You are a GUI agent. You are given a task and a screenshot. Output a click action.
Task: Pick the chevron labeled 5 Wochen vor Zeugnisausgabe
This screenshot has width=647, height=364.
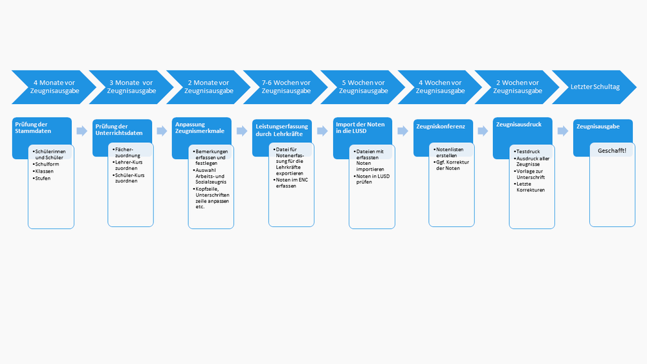click(x=363, y=87)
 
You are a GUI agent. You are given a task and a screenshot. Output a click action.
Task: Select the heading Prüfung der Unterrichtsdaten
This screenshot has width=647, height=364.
click(x=116, y=129)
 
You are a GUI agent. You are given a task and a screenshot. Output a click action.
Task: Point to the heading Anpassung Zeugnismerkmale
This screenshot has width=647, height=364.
click(x=197, y=127)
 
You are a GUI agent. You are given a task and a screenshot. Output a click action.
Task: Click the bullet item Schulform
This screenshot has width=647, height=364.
click(x=49, y=164)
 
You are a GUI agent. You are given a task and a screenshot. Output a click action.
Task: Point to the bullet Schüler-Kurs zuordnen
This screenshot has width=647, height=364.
click(x=130, y=178)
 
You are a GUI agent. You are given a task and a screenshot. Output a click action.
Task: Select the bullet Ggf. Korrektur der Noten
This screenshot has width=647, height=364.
click(x=451, y=165)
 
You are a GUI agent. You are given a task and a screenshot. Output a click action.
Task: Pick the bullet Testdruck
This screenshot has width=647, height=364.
click(x=528, y=151)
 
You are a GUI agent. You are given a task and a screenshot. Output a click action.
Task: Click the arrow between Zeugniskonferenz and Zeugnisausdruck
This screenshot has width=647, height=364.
click(x=483, y=131)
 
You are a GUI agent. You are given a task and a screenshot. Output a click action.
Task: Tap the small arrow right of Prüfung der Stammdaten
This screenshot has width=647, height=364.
click(x=82, y=131)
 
